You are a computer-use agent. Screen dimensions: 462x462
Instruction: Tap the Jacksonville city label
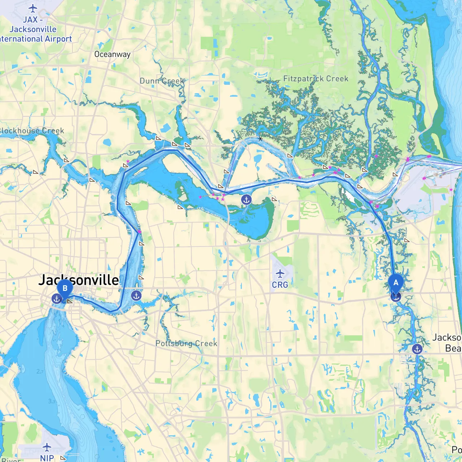coord(79,280)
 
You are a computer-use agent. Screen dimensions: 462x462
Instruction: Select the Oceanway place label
coord(112,55)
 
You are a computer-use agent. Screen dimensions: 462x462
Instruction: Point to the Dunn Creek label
coord(162,81)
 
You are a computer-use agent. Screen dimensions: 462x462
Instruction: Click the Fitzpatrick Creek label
coord(316,79)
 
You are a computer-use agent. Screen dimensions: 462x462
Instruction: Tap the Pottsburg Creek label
coord(186,343)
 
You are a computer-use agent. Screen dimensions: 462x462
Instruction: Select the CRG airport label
coord(280,285)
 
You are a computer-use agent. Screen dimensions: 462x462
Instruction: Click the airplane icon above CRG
coord(280,273)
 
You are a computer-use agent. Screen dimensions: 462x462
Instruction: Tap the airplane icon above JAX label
coord(33,8)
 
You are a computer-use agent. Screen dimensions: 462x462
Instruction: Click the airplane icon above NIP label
coord(47,448)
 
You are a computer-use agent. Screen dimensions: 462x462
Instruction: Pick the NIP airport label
coord(47,458)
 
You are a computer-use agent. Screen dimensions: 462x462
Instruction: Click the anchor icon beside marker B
coord(56,298)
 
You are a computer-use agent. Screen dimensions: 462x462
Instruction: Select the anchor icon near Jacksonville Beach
coord(417,349)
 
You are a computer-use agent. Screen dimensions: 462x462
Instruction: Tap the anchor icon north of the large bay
coord(246,199)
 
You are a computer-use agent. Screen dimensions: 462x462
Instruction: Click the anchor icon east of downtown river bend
coord(136,296)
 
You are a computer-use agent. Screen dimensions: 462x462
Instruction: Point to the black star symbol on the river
coord(260,139)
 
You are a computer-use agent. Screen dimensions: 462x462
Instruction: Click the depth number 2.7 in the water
coord(40,371)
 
